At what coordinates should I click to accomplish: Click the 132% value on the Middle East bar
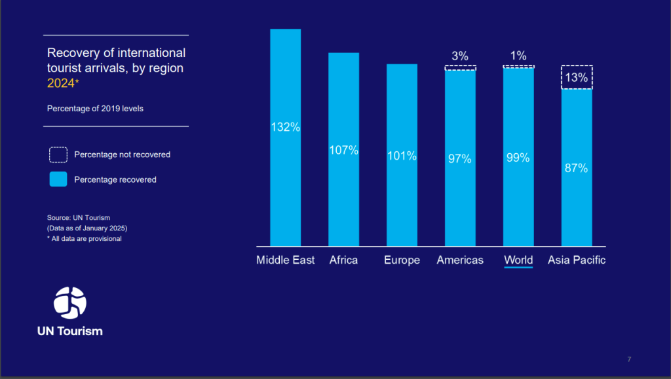[286, 127]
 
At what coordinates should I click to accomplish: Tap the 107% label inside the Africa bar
[344, 150]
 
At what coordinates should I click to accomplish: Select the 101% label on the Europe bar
[402, 156]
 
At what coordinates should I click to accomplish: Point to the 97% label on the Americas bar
[460, 159]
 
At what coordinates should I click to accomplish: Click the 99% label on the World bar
[518, 158]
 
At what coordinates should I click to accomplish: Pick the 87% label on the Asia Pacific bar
[577, 168]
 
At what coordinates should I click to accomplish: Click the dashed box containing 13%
[577, 77]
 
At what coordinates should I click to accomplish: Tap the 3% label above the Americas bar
[460, 56]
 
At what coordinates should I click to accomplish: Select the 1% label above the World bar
[518, 56]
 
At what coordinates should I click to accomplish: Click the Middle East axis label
[286, 260]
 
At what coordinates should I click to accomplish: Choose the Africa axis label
[344, 260]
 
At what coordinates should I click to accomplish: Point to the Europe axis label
[402, 260]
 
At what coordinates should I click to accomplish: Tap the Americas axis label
[460, 260]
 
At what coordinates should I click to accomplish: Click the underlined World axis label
[518, 260]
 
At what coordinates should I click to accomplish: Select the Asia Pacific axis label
[577, 260]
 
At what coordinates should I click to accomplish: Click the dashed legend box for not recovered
[58, 154]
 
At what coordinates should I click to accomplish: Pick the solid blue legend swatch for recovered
[58, 179]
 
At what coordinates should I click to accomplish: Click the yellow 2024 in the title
[61, 83]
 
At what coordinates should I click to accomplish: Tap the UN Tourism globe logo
[70, 302]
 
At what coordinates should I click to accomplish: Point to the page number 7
[629, 359]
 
